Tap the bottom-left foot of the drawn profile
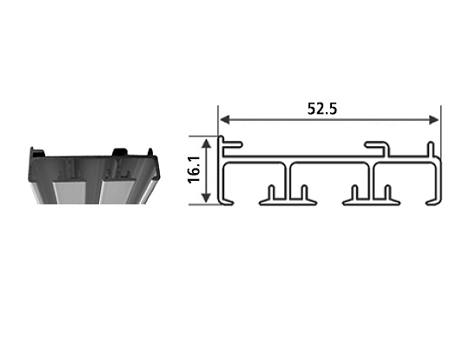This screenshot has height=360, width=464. click(x=229, y=201)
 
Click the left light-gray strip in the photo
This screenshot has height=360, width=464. click(x=68, y=192)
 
